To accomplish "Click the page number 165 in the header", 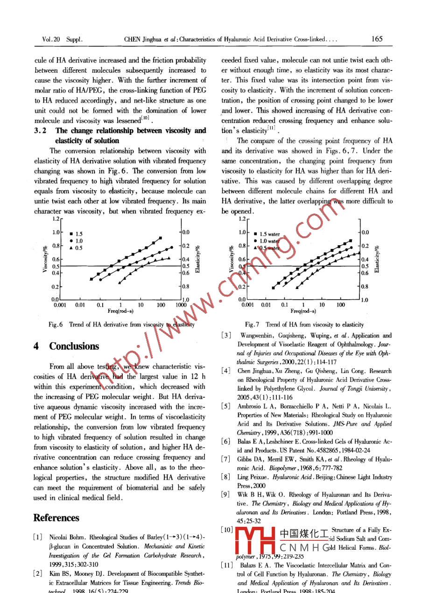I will tap(377, 40).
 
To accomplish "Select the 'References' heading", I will tap(56, 518).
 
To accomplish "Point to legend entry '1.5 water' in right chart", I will tap(269, 234).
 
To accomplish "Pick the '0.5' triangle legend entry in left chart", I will tap(76, 248).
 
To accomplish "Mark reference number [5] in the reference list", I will tap(226, 406).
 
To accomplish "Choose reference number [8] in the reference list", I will tap(226, 478).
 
